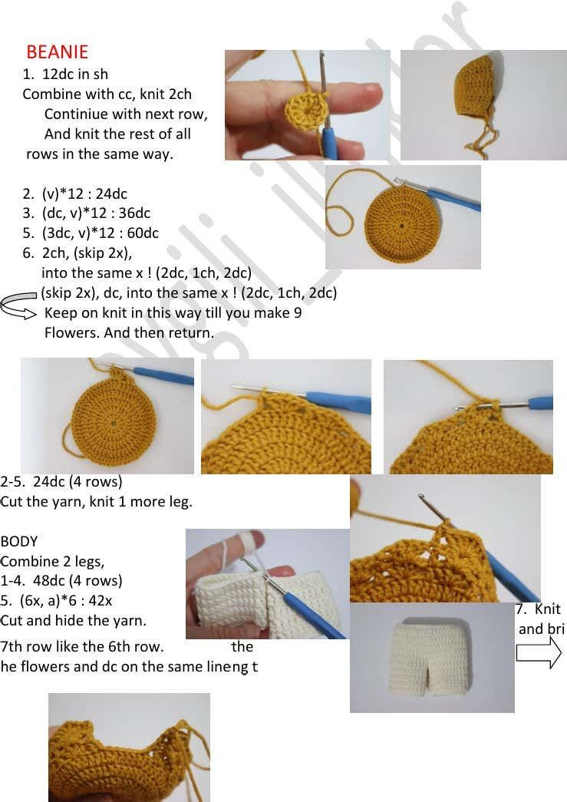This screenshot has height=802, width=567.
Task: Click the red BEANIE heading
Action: pyautogui.click(x=57, y=52)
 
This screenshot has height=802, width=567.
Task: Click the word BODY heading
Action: pyautogui.click(x=19, y=541)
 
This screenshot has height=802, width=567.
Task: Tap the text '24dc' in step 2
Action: pyautogui.click(x=111, y=193)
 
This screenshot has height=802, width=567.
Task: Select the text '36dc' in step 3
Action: pyautogui.click(x=134, y=213)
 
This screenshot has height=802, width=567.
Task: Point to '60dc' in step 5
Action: pyautogui.click(x=142, y=233)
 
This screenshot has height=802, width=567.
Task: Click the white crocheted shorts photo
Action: pyautogui.click(x=432, y=657)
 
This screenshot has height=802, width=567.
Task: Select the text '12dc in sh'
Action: pyautogui.click(x=75, y=74)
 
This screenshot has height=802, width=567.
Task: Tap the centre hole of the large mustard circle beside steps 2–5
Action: pyautogui.click(x=402, y=226)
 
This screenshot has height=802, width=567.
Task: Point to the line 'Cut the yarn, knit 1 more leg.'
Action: pyautogui.click(x=97, y=502)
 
